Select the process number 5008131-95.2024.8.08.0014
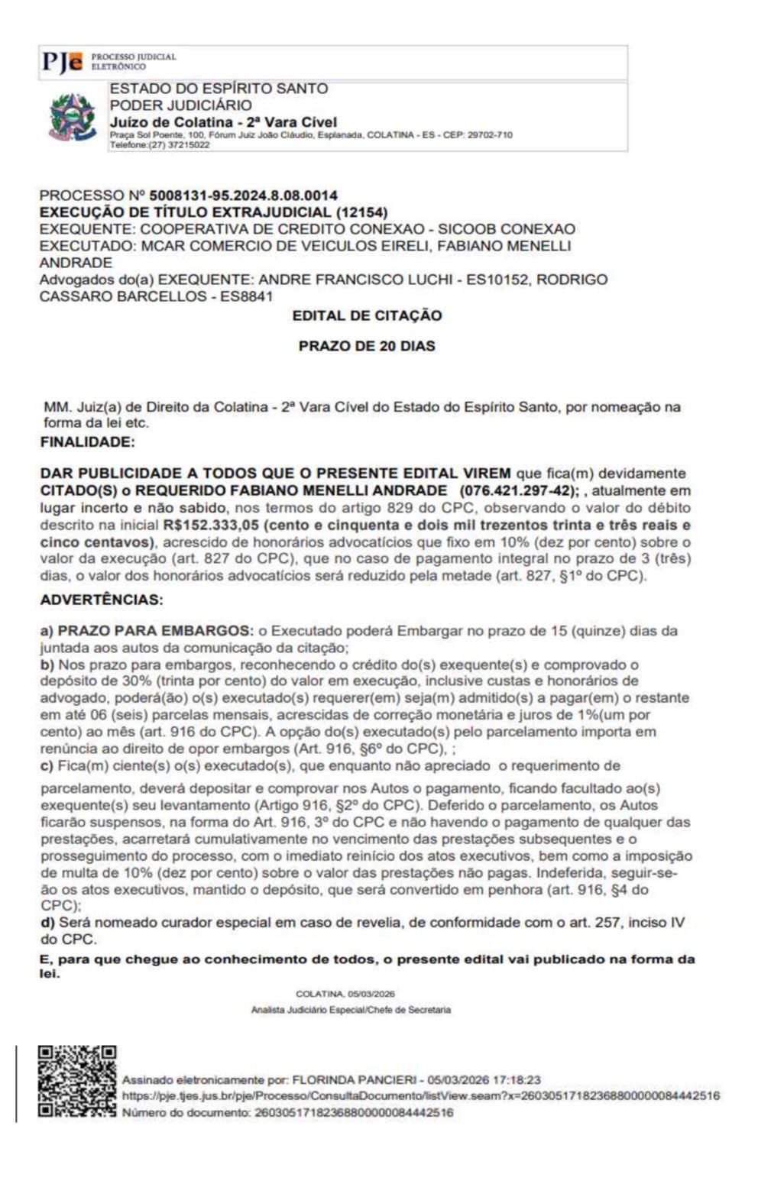pos(243,196)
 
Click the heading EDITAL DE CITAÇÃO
pos(367,315)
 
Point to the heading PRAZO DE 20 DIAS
pos(367,346)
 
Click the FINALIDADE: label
pos(87,441)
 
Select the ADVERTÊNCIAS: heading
pos(102,600)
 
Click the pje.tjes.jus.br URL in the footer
pos(420,1096)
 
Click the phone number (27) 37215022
pos(180,144)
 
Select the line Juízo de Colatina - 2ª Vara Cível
pos(223,122)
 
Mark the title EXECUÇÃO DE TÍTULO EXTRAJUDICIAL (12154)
pos(213,212)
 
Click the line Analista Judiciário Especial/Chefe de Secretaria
pos(351,1010)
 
